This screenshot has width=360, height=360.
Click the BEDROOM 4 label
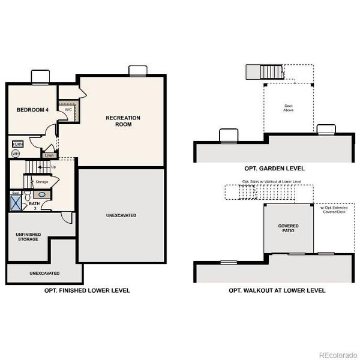click(32, 110)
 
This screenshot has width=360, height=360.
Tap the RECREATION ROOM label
click(123, 121)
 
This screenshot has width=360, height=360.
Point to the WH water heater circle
click(16, 154)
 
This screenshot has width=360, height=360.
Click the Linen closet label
click(49, 155)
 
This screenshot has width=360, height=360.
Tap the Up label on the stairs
click(53, 167)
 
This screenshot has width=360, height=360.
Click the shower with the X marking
click(16, 201)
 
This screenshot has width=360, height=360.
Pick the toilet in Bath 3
click(28, 195)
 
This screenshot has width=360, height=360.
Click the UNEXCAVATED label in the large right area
click(121, 215)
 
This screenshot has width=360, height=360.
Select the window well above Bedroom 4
click(40, 77)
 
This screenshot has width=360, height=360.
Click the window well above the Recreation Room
click(137, 71)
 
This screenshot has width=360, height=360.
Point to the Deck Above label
click(289, 109)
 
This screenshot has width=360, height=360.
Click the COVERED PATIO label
click(288, 229)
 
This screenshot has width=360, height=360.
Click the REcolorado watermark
click(337, 353)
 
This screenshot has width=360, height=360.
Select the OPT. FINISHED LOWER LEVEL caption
click(87, 290)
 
